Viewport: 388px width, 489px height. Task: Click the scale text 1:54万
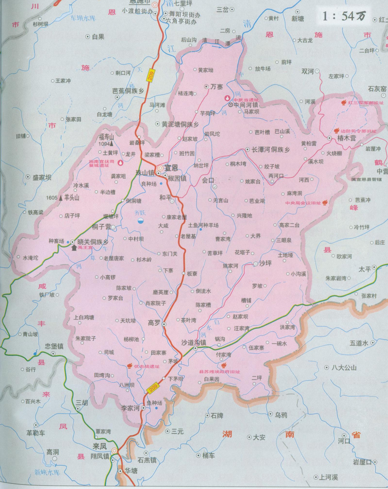click(344, 16)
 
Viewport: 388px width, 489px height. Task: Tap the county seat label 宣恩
click(171, 167)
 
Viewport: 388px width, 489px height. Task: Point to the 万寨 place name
click(217, 87)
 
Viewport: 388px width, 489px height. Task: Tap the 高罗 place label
click(154, 323)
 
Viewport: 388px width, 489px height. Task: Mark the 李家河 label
click(130, 408)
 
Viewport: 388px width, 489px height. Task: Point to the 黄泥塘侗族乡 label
click(180, 124)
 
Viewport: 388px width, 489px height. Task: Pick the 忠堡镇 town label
click(54, 346)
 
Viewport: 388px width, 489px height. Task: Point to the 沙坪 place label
click(265, 263)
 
